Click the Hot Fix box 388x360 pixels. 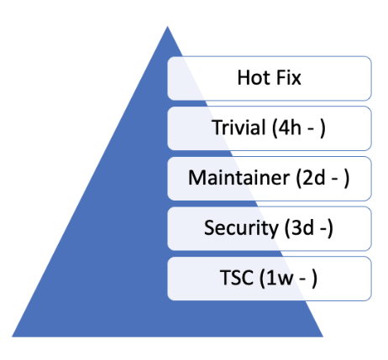[269, 78]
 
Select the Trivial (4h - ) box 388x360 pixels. [269, 128]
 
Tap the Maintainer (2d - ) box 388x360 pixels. [269, 178]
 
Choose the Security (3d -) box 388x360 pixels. [269, 227]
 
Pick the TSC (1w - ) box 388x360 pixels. [269, 278]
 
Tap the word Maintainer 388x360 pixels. [236, 178]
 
